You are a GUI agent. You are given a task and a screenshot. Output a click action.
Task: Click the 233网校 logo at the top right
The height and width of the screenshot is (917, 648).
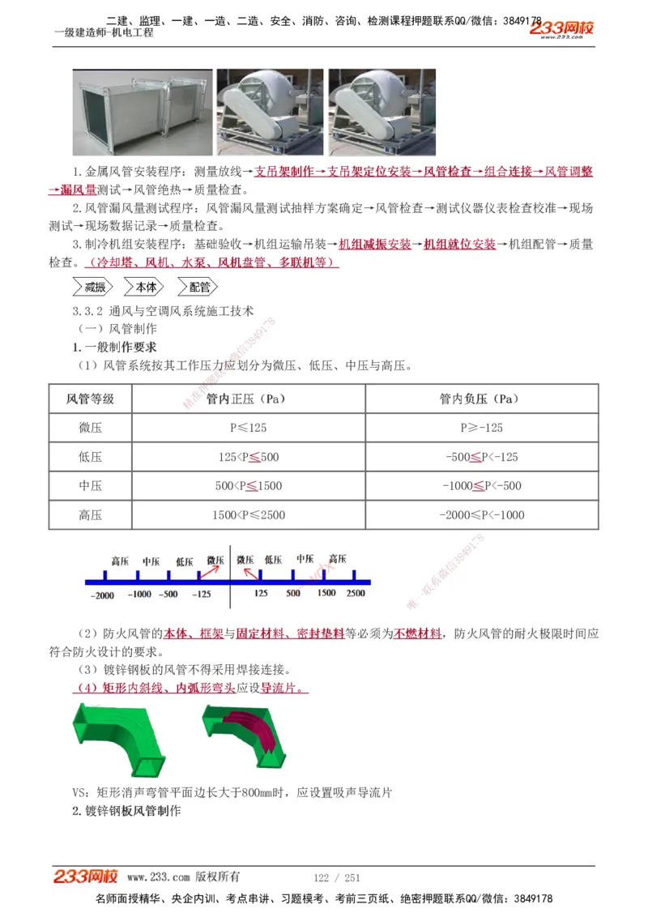coord(563,29)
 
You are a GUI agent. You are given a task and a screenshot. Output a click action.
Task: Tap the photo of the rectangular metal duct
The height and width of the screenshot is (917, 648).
coord(143,112)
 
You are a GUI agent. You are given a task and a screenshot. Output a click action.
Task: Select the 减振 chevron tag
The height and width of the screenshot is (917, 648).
coord(94,287)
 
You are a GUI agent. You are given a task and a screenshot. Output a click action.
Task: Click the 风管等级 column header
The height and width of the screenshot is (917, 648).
coord(90,399)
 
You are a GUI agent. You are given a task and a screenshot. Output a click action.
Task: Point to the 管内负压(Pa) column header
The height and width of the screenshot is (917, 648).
coord(481,399)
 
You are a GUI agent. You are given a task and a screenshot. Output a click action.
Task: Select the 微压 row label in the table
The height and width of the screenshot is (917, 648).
coord(90,428)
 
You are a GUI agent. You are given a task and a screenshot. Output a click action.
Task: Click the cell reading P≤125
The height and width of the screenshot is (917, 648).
coord(248,428)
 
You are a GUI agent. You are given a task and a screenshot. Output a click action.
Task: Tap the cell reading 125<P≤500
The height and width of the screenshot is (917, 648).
coord(248,457)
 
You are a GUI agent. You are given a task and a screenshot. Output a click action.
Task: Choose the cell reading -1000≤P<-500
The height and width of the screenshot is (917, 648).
coord(481,486)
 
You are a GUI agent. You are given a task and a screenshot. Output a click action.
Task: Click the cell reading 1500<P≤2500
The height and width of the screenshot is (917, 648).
coord(248,515)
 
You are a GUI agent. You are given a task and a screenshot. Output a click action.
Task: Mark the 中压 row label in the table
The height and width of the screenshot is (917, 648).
coord(90,486)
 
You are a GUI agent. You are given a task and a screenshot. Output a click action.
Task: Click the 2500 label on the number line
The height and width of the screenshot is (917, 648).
coord(356,593)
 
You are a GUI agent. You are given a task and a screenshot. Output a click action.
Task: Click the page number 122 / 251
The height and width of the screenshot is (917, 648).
coord(336,877)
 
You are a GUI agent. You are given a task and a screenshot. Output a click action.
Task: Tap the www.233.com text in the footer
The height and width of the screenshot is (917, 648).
coord(158,877)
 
